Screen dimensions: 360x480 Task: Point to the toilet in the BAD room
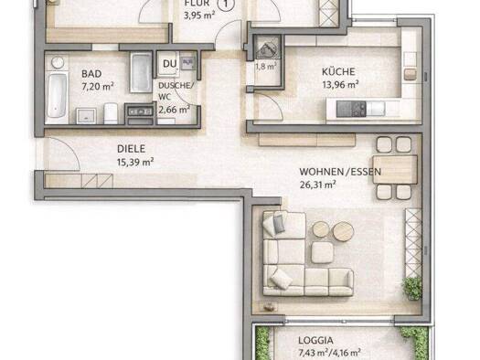point(111,111)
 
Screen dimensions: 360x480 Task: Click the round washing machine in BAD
point(57,62)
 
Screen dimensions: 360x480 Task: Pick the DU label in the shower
point(168,63)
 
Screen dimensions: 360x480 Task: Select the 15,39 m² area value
point(134,162)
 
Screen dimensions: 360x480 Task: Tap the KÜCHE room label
point(337,71)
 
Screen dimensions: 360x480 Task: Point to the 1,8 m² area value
point(265,67)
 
